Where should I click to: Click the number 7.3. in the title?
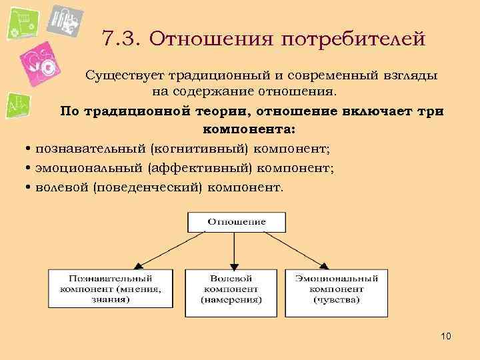point(123,38)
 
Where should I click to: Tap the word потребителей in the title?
point(353,38)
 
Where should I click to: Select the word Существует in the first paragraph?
point(125,76)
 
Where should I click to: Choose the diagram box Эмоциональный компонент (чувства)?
point(336,289)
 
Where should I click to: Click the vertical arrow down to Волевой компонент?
point(232,250)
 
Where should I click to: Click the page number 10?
point(446,336)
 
